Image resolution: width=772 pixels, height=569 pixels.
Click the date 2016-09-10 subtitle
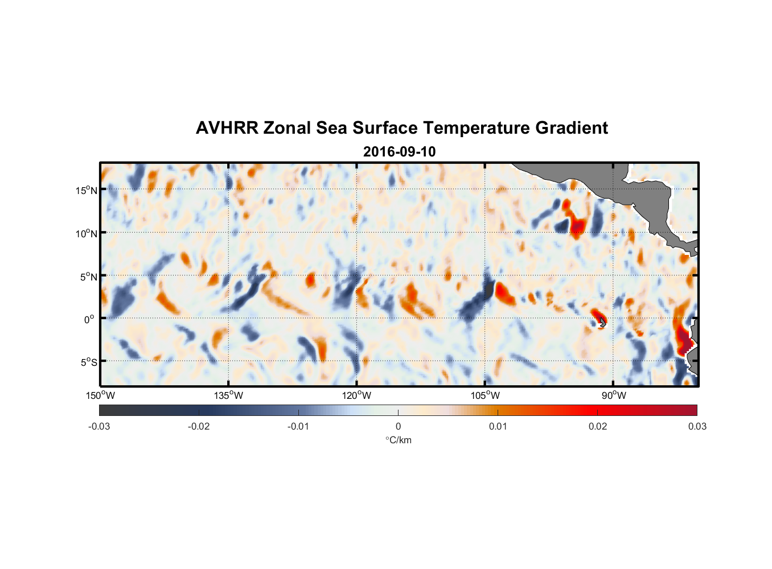point(399,152)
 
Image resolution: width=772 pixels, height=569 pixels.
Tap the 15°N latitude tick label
point(87,190)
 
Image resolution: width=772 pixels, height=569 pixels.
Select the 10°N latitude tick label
point(87,233)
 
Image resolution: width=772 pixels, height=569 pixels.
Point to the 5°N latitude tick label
point(89,277)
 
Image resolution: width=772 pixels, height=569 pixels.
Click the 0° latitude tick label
point(89,320)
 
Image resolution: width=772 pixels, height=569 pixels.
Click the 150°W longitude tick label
point(100,395)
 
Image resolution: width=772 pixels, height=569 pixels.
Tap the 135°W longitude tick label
point(228,395)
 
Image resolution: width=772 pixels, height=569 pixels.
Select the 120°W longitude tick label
point(357,395)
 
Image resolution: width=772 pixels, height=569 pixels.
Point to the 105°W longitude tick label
point(485,395)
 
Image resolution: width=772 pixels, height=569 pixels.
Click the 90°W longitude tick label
point(614,395)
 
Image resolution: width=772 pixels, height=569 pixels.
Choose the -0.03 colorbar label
point(99,426)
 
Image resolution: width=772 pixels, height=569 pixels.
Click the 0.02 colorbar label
point(598,426)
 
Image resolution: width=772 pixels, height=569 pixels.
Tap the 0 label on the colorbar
point(398,426)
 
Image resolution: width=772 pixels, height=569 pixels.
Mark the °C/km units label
point(398,440)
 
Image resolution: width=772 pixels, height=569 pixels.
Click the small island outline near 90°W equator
point(602,323)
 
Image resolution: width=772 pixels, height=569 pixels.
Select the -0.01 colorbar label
point(298,426)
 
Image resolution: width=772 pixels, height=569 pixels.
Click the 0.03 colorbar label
point(697,426)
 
